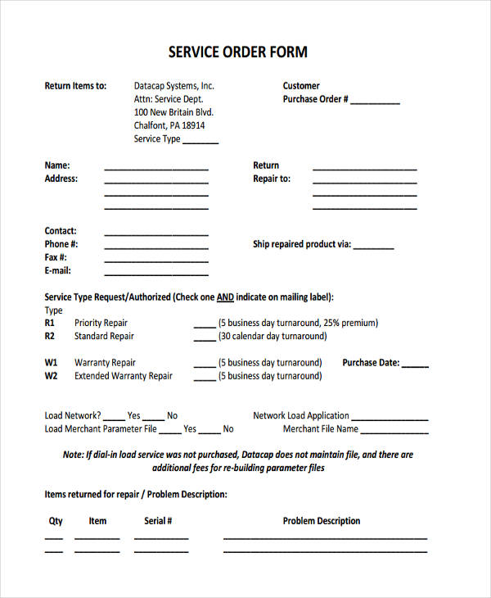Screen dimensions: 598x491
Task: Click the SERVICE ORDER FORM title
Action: pyautogui.click(x=238, y=52)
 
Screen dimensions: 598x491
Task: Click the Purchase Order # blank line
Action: pyautogui.click(x=376, y=103)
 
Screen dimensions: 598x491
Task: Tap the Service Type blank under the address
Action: pyautogui.click(x=200, y=143)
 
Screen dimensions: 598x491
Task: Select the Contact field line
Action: pyautogui.click(x=156, y=234)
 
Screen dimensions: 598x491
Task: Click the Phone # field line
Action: pyautogui.click(x=156, y=247)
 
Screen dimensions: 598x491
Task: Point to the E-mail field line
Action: pyautogui.click(x=156, y=274)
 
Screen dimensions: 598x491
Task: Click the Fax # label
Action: pyautogui.click(x=56, y=257)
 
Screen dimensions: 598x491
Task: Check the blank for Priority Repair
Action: pyautogui.click(x=205, y=326)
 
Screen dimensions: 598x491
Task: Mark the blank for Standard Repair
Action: pyautogui.click(x=205, y=339)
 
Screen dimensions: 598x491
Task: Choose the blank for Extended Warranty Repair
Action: pyautogui.click(x=205, y=379)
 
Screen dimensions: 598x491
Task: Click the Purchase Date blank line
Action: pyautogui.click(x=415, y=366)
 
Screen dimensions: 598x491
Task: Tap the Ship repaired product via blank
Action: pyautogui.click(x=374, y=247)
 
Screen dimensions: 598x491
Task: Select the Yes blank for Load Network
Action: pyautogui.click(x=115, y=419)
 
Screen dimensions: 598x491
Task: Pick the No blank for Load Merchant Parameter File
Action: pyautogui.click(x=209, y=432)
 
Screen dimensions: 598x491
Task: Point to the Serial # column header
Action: pyautogui.click(x=158, y=521)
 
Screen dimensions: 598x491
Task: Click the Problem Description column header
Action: pyautogui.click(x=322, y=521)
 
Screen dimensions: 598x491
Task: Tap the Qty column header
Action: pyautogui.click(x=56, y=521)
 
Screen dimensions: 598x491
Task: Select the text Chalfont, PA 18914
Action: pyautogui.click(x=169, y=125)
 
